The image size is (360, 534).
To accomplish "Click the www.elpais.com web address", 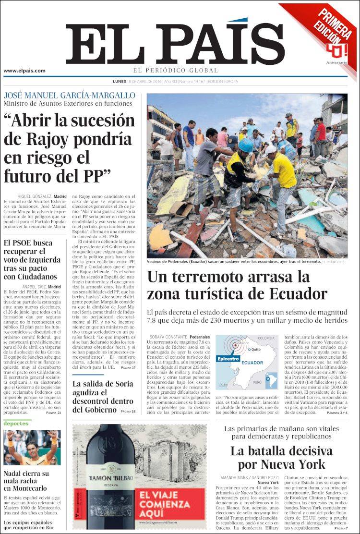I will (x=24, y=71).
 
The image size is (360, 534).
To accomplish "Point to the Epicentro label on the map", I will (x=228, y=359).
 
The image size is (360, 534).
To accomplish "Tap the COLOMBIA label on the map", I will (x=266, y=339).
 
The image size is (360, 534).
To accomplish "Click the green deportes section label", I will (x=16, y=424).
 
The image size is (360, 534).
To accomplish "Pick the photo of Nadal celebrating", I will (x=32, y=448).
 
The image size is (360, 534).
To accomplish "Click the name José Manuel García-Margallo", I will (x=70, y=95).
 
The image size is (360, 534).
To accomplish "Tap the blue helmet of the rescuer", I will (x=245, y=145).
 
